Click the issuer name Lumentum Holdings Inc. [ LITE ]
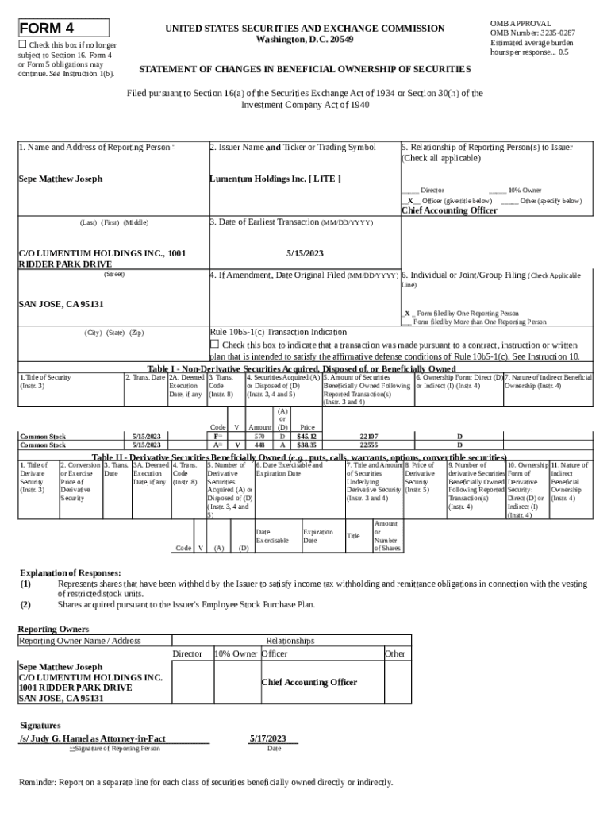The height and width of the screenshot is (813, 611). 275,179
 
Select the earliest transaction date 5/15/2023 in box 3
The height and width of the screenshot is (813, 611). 305,253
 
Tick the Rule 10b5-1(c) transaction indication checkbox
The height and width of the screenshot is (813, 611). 214,344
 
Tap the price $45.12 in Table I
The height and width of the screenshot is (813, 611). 306,437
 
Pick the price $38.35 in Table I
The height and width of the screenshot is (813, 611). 306,445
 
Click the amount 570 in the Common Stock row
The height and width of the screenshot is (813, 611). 259,437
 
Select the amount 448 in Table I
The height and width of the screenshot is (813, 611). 259,445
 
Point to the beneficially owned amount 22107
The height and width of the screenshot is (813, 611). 368,437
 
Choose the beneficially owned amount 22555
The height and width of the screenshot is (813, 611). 368,445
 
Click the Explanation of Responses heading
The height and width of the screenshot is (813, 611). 70,572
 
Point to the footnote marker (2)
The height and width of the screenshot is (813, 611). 26,604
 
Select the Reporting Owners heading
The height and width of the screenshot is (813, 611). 53,629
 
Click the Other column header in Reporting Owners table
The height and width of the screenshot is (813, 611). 394,653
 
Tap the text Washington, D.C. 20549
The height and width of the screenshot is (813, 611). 305,40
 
